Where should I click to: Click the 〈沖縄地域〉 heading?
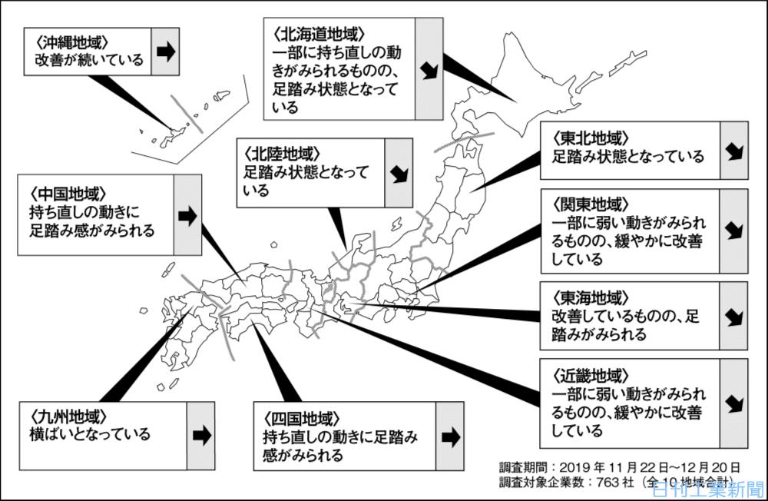[71, 42]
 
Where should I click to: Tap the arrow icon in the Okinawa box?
[166, 51]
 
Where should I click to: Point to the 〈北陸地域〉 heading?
[282, 154]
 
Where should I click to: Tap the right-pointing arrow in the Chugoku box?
[187, 216]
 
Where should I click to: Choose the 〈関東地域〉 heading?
[590, 204]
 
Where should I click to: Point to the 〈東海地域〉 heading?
[590, 297]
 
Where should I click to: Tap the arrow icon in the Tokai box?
[734, 317]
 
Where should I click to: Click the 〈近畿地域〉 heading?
[590, 376]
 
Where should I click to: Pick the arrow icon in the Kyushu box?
[201, 436]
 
